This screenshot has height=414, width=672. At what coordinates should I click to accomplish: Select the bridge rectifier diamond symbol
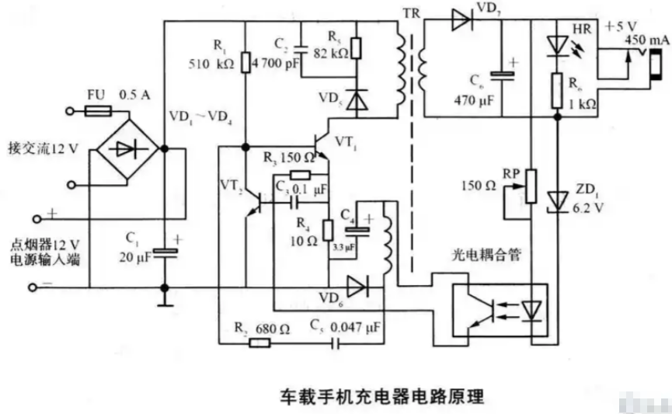pos(129,148)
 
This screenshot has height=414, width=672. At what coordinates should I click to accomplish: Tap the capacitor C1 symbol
pos(164,250)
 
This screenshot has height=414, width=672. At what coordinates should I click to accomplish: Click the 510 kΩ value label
pos(211,64)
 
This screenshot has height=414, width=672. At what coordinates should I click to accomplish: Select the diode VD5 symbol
pos(357,100)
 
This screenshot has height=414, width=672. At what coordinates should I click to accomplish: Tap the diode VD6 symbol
pos(358,286)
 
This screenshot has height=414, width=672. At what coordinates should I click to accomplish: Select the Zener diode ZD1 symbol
pos(557,200)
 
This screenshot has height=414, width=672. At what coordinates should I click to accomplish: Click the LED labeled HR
pos(557,47)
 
